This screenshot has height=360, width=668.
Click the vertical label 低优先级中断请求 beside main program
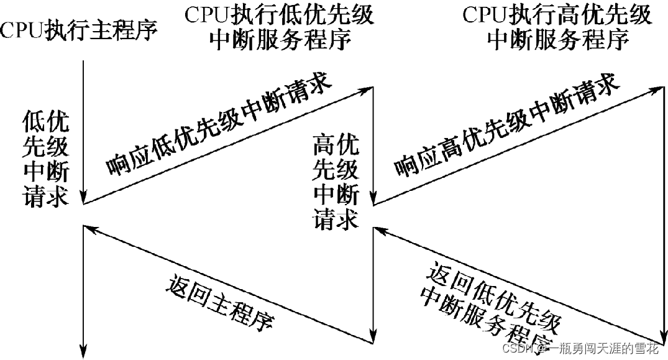pos(45,159)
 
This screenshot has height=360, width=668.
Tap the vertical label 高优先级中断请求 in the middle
pos(336,184)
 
